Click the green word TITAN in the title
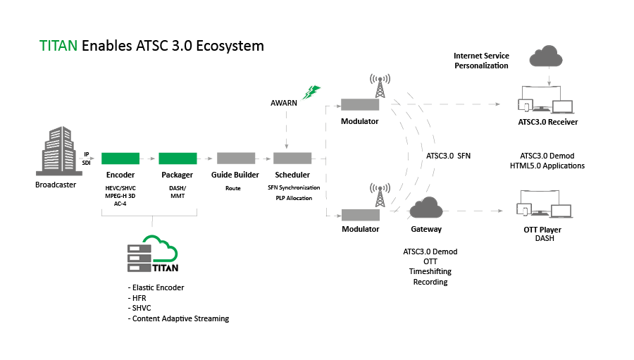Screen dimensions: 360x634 pyautogui.click(x=58, y=46)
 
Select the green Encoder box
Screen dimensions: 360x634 pyautogui.click(x=120, y=159)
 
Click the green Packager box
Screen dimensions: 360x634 pyautogui.click(x=177, y=159)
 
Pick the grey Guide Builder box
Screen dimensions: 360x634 pyautogui.click(x=235, y=159)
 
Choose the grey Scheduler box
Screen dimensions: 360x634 pyautogui.click(x=292, y=159)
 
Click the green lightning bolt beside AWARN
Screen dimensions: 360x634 pyautogui.click(x=311, y=92)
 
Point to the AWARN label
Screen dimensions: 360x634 pyautogui.click(x=284, y=102)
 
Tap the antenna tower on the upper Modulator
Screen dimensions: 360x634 pyautogui.click(x=380, y=87)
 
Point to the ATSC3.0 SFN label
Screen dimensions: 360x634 pyautogui.click(x=448, y=156)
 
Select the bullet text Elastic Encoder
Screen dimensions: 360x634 pyautogui.click(x=156, y=287)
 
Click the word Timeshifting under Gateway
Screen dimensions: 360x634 pyautogui.click(x=430, y=271)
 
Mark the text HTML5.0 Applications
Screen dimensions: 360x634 pyautogui.click(x=547, y=166)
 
